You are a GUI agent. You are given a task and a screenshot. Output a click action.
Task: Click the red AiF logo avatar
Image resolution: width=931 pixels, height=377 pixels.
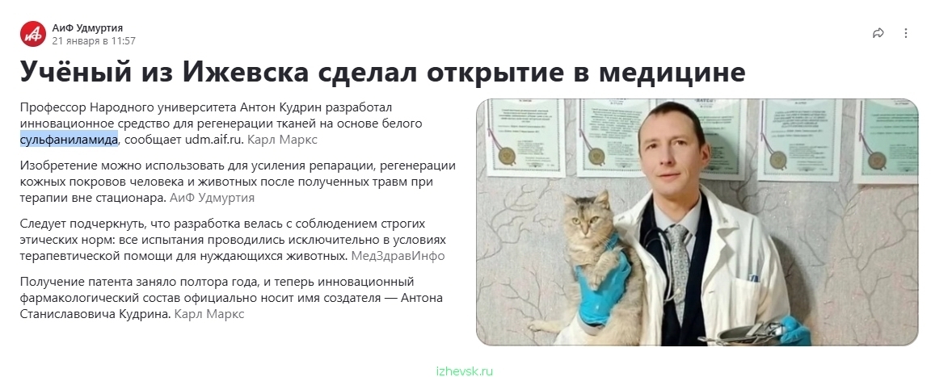pos(32,34)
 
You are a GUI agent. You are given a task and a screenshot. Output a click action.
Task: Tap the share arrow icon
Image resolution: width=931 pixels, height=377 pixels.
pos(878,33)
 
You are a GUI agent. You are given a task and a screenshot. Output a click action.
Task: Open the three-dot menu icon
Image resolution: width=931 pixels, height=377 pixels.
pos(905,33)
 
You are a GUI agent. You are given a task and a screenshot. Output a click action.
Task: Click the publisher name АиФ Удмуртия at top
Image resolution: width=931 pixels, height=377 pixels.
pos(87,28)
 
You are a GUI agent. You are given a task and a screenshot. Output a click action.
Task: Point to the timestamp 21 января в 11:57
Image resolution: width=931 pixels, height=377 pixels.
pos(94,41)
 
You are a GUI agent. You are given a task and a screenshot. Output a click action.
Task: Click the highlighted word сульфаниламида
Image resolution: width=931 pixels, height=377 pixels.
pos(69,140)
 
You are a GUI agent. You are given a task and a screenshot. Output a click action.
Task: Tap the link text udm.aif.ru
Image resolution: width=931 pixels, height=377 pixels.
pos(214,140)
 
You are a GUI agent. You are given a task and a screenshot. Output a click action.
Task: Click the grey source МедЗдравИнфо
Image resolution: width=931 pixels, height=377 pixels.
pos(398,256)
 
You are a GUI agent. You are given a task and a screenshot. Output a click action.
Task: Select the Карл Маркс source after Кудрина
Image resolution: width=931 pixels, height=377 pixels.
pos(209,313)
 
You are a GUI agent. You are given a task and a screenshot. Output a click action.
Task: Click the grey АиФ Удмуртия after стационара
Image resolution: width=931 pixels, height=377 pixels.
pos(212,198)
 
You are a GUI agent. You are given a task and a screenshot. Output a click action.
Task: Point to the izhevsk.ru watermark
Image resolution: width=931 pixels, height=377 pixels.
pos(465,371)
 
